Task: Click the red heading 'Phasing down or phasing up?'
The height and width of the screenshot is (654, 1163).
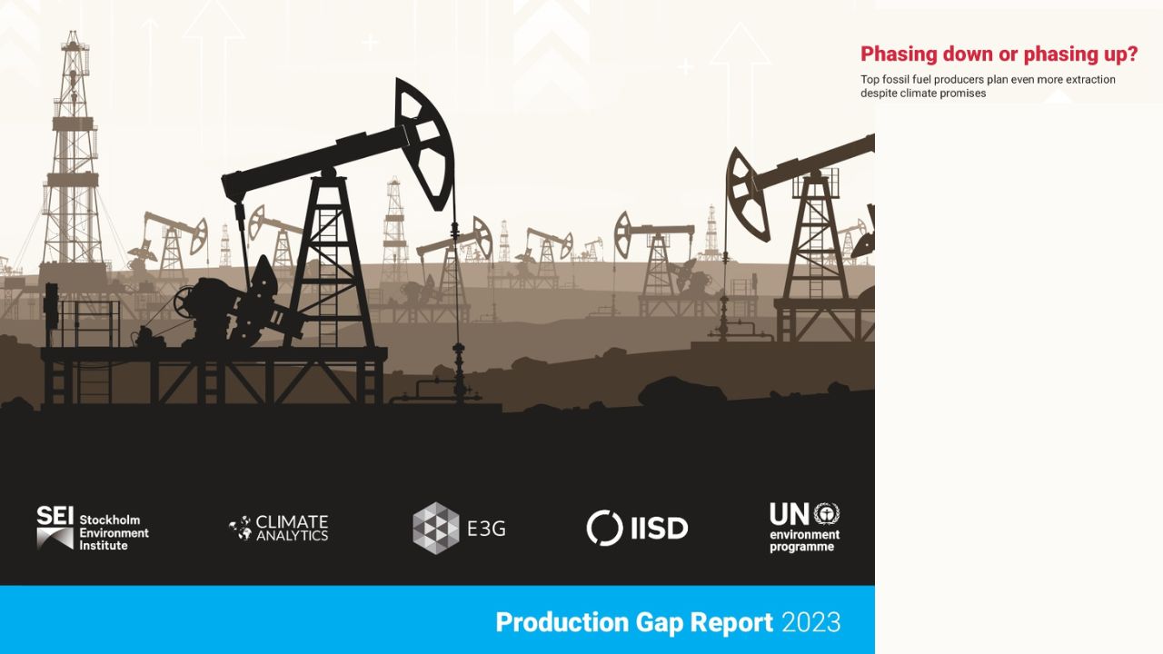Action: tap(999, 54)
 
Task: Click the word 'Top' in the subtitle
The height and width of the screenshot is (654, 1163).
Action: tap(870, 80)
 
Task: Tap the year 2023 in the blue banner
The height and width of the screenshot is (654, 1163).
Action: tap(810, 622)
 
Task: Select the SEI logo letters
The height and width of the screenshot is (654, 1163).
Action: tap(55, 515)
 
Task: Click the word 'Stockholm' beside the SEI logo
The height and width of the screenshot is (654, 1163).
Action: tap(110, 520)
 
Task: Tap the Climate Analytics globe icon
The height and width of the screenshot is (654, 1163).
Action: tap(241, 528)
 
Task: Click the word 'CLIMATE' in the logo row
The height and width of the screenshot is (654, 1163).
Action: tap(292, 521)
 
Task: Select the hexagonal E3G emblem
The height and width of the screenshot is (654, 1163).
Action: tap(436, 528)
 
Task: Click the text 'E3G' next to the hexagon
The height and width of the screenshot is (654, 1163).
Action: tap(486, 529)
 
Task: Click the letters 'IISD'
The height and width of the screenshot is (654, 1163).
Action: tap(660, 529)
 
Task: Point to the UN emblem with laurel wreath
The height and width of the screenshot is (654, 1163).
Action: tap(827, 514)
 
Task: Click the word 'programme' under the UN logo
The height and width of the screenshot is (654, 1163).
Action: tap(802, 547)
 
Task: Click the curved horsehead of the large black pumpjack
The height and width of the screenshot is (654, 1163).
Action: tap(424, 144)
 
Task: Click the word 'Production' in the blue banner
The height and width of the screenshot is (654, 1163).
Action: tap(562, 622)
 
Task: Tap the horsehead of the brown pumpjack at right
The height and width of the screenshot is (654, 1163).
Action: tap(747, 194)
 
